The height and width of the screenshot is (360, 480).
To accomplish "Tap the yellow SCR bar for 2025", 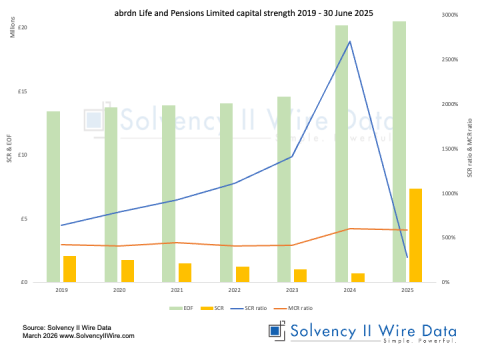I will click(415, 235).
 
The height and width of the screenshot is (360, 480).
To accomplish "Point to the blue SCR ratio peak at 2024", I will click(350, 41).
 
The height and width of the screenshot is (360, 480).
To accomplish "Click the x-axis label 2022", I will click(235, 289).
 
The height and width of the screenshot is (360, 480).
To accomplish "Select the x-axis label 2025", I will click(407, 289).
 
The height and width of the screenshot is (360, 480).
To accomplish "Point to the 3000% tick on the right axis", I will click(448, 16).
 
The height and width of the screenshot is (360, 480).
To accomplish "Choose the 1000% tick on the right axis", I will click(448, 193).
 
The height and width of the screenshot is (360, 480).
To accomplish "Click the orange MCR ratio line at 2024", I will click(350, 229).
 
